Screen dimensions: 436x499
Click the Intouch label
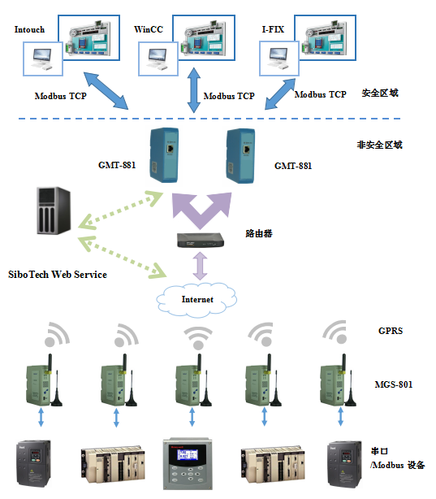tap(29, 29)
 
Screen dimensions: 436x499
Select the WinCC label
tap(149, 29)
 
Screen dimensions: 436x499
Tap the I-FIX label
tap(273, 29)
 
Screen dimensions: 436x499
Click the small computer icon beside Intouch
tap(42, 59)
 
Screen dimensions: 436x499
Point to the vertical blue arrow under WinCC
tap(194, 90)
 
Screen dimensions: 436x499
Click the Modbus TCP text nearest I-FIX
tap(320, 94)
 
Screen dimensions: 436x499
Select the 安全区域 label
tap(380, 93)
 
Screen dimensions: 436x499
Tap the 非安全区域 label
tap(379, 145)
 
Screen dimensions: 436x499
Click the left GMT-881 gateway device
tap(164, 155)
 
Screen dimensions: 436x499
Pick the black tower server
tap(54, 210)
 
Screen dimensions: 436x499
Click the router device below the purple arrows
tap(201, 241)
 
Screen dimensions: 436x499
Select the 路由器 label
tap(259, 233)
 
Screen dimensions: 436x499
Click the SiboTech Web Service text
tap(58, 275)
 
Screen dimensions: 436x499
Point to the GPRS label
tap(391, 331)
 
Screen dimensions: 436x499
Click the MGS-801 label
tap(394, 384)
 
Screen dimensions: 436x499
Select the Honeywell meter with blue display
tap(188, 464)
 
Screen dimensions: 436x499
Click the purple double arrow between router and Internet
tap(201, 266)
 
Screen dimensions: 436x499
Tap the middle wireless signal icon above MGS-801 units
tap(198, 338)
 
